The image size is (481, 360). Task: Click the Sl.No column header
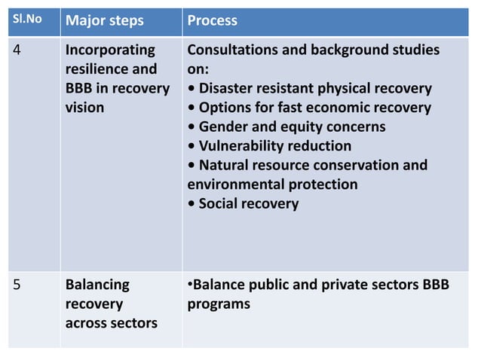click(26, 20)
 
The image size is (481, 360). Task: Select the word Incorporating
click(111, 51)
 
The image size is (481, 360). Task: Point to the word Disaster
click(228, 89)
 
